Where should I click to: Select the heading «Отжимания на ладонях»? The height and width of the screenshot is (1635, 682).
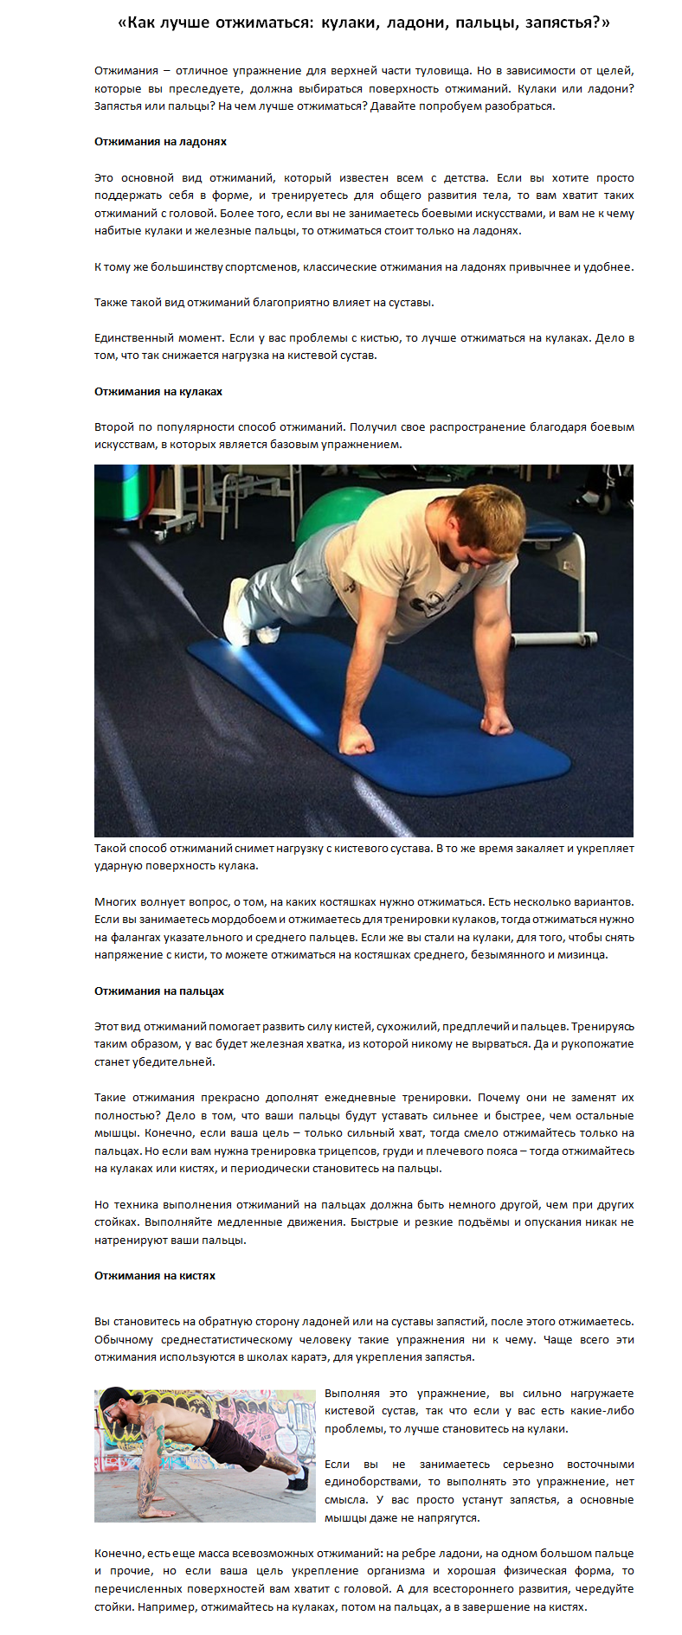[x=160, y=142]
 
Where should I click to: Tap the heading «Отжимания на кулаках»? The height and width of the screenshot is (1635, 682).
[x=158, y=392]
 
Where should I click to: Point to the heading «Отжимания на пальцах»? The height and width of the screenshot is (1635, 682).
[x=159, y=991]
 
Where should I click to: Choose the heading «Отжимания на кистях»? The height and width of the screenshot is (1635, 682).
[x=155, y=1276]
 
